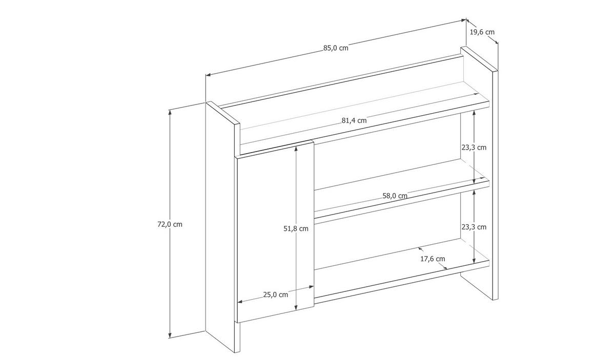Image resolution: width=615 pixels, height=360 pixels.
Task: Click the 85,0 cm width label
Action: pyautogui.click(x=336, y=48)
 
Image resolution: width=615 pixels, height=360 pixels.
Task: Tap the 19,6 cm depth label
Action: pyautogui.click(x=482, y=32)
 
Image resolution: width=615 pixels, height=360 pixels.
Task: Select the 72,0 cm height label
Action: pyautogui.click(x=170, y=224)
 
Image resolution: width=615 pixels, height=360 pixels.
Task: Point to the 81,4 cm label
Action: pyautogui.click(x=354, y=120)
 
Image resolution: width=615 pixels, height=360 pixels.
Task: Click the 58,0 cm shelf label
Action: pyautogui.click(x=395, y=196)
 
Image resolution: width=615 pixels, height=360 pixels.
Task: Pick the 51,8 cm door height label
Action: pyautogui.click(x=296, y=228)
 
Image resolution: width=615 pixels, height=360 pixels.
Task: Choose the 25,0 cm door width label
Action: pyautogui.click(x=276, y=294)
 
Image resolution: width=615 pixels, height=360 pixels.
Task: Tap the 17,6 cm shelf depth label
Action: pyautogui.click(x=433, y=259)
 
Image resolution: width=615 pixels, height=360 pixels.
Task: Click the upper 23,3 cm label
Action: pyautogui.click(x=474, y=147)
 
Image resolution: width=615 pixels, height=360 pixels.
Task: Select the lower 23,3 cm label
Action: pyautogui.click(x=474, y=227)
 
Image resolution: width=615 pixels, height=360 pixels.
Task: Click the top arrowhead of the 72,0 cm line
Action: pyautogui.click(x=170, y=112)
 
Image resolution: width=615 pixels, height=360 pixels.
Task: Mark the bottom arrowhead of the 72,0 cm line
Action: pyautogui.click(x=170, y=335)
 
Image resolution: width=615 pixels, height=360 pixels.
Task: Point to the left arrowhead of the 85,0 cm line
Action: pyautogui.click(x=208, y=74)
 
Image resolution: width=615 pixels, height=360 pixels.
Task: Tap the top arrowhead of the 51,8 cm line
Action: pyautogui.click(x=296, y=149)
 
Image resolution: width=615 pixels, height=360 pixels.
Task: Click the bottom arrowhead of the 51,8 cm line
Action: pyautogui.click(x=296, y=308)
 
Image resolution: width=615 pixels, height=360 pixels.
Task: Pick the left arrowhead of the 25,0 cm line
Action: pyautogui.click(x=240, y=302)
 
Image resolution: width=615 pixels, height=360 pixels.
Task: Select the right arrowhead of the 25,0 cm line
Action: pyautogui.click(x=312, y=287)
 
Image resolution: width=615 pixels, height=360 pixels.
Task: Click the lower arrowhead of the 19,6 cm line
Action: pyautogui.click(x=497, y=41)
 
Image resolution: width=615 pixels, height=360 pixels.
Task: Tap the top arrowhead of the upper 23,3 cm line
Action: pyautogui.click(x=474, y=113)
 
